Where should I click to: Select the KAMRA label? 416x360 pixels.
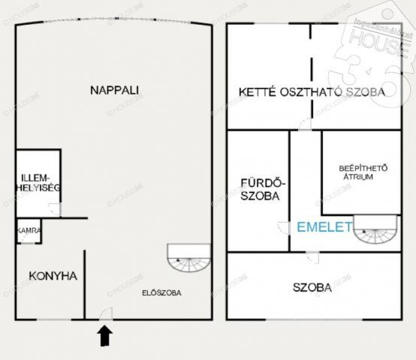(29, 230)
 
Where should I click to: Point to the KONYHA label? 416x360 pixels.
(53, 276)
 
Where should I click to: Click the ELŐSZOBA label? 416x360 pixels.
(162, 292)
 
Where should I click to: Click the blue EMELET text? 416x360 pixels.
(324, 226)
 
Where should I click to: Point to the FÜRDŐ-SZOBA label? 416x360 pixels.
(261, 189)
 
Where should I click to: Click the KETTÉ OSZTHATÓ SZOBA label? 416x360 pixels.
(312, 93)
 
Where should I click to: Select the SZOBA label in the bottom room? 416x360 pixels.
(313, 288)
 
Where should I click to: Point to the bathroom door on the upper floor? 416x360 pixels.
(283, 227)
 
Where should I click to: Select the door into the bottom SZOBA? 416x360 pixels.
(319, 256)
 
